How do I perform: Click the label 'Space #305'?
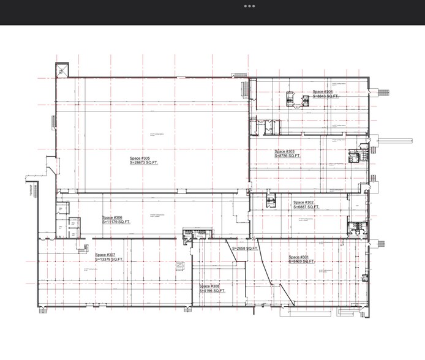[140, 159]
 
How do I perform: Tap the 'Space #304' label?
[323, 91]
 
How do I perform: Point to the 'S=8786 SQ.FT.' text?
[287, 156]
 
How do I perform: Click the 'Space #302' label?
[303, 203]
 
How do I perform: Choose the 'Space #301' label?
[299, 257]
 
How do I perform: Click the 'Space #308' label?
[209, 286]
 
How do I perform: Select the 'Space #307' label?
[105, 255]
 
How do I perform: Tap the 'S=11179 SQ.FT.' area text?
[118, 223]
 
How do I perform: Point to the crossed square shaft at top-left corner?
[62, 70]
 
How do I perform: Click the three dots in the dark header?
[249, 6]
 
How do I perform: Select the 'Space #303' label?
[285, 151]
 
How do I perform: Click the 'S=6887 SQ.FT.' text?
[306, 208]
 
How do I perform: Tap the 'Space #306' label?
[113, 218]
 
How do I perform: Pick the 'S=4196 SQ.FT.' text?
[212, 291]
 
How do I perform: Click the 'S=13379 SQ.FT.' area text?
[110, 260]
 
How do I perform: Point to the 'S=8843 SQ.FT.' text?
[326, 96]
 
